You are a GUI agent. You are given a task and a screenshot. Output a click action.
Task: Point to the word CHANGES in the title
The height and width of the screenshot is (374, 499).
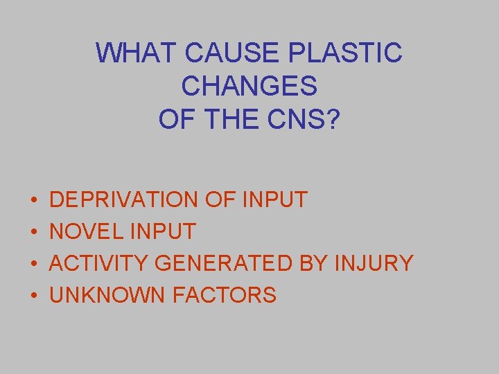click(249, 86)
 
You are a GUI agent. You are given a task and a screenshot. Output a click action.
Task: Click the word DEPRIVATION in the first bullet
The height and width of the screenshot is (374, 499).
click(124, 200)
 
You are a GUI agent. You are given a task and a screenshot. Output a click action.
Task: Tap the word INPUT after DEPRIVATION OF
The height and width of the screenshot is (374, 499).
click(275, 200)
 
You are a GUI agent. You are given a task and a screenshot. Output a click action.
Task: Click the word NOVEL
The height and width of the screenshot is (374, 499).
click(85, 231)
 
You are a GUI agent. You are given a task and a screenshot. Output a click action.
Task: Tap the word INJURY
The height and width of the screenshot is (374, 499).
click(374, 263)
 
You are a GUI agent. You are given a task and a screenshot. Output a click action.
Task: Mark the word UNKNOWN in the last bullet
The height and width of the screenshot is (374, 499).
click(107, 296)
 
